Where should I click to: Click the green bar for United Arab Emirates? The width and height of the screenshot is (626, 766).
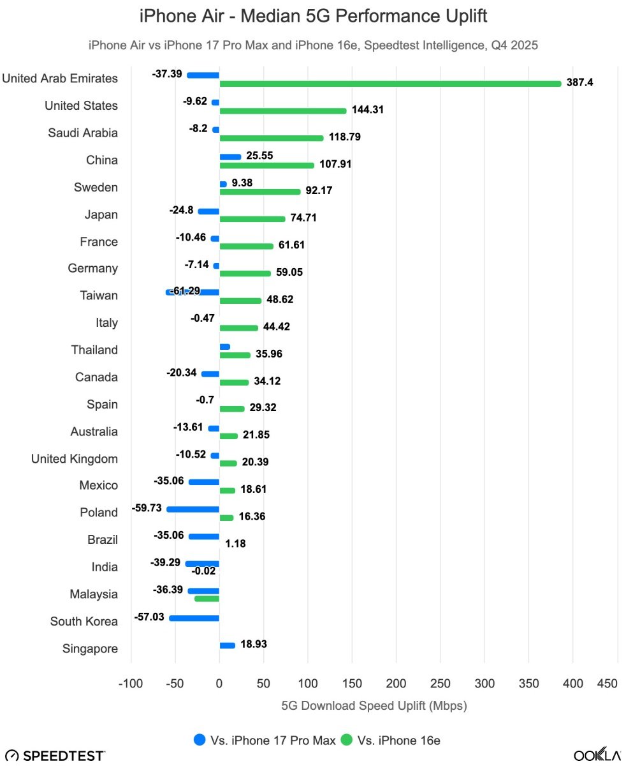point(390,84)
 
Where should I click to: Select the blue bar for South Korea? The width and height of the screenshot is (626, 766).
point(194,618)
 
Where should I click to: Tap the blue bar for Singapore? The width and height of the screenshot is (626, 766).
point(227,645)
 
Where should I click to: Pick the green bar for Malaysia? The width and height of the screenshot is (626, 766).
point(207,599)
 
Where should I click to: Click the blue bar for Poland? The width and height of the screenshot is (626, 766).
point(193,509)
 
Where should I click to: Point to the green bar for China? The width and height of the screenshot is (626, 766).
point(267,165)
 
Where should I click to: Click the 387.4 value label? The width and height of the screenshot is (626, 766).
point(579,83)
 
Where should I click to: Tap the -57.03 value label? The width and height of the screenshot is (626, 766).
point(150,617)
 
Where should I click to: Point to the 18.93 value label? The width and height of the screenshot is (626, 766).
point(254,645)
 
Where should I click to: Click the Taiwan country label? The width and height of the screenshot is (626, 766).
point(99,296)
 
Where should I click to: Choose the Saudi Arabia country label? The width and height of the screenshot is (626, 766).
point(83,133)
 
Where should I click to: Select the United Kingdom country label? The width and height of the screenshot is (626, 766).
point(75,458)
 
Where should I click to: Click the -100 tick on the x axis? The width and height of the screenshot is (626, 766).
point(131,684)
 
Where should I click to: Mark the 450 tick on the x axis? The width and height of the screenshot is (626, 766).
point(608,684)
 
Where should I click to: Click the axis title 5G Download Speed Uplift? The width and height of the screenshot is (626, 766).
point(374,706)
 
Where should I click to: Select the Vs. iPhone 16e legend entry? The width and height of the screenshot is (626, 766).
point(390,740)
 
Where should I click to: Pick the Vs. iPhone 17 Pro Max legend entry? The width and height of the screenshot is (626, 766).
point(265,740)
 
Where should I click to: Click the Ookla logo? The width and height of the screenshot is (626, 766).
point(597,755)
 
